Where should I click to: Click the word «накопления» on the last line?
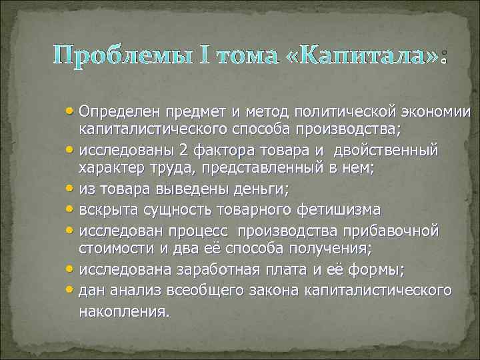[x=123, y=311]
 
